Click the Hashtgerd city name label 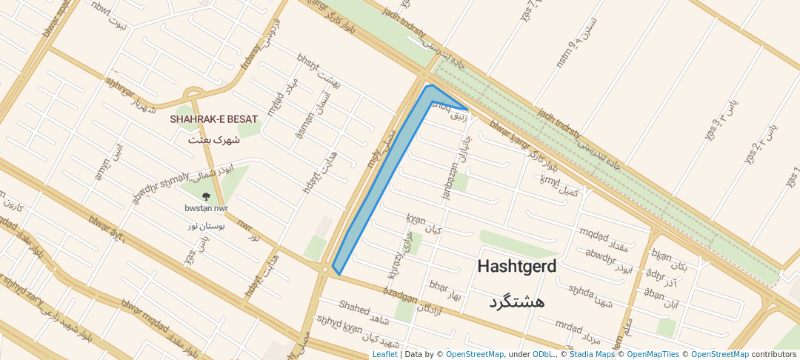(x=516, y=266)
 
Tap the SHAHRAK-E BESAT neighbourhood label (x=213, y=119)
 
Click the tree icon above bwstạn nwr (x=206, y=197)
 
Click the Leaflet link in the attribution (x=384, y=354)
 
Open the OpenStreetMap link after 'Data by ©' (x=474, y=354)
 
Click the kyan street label (x=416, y=219)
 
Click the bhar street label (x=439, y=285)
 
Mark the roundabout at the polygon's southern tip (x=324, y=270)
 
